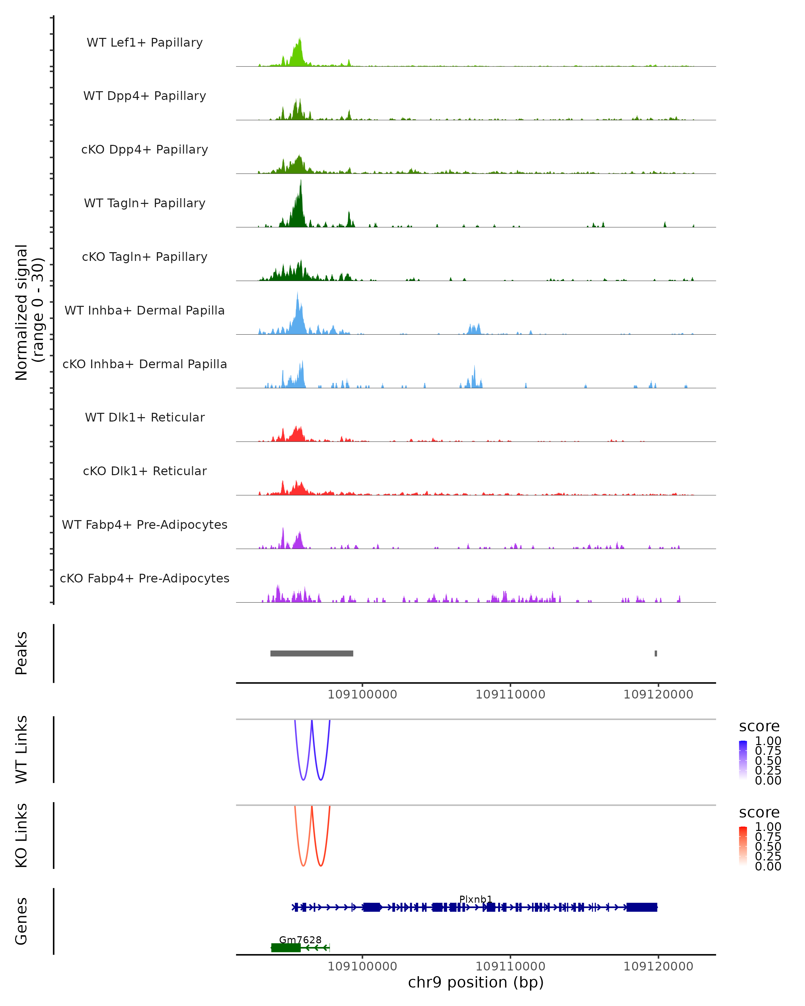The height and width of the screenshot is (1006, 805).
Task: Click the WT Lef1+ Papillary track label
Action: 145,43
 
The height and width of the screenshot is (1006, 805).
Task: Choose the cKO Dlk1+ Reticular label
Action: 145,471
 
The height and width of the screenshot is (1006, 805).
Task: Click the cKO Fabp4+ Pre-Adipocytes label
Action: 145,578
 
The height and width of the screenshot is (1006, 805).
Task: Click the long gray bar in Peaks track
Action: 312,653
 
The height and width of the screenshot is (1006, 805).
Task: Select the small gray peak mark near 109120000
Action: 656,653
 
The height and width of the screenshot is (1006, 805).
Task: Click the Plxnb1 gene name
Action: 476,899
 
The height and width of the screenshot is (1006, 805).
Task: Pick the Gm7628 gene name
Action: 300,940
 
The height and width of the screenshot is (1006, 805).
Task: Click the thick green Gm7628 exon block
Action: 285,947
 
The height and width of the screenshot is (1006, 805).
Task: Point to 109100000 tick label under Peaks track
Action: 362,694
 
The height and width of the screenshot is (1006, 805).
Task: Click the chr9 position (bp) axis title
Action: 476,982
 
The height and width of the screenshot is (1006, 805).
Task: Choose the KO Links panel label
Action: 21,836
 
